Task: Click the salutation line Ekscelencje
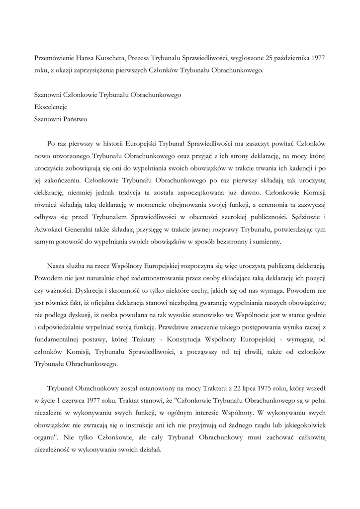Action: click(x=50, y=106)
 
